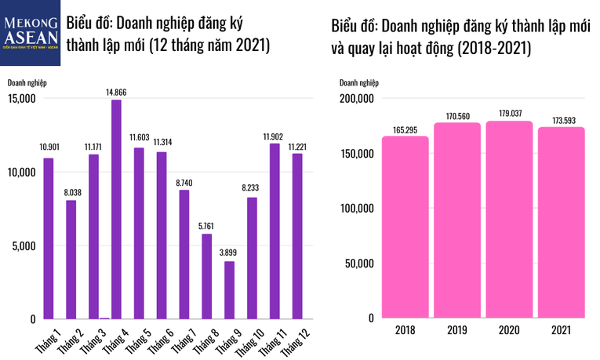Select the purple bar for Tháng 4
point(116,209)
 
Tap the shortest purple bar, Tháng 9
point(229,289)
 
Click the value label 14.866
point(116,93)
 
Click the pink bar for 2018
point(405,227)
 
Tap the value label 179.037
point(510,114)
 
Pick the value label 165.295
point(405,129)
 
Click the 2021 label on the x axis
point(562,331)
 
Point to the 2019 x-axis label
point(457,331)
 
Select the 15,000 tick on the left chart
point(23,99)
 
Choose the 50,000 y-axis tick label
point(357,264)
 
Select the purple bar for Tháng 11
point(275,231)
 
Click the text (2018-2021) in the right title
point(492,49)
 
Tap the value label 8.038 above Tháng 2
point(71,193)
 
